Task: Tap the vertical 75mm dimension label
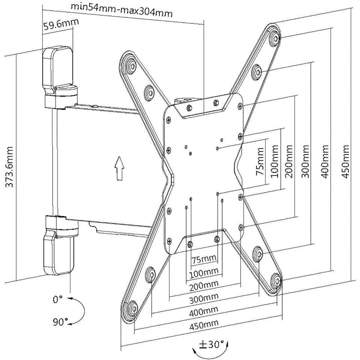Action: pyautogui.click(x=262, y=164)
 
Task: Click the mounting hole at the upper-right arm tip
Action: pyautogui.click(x=275, y=37)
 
